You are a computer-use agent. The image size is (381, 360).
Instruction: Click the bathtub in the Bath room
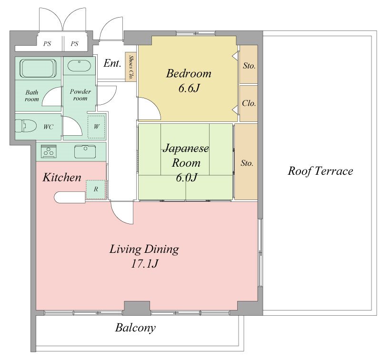(38, 68)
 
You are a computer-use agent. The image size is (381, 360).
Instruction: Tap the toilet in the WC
(26, 126)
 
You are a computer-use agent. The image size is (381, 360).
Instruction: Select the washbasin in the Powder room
(79, 66)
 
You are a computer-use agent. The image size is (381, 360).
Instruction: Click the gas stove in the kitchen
(49, 151)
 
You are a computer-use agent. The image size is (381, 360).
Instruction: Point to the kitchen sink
(85, 152)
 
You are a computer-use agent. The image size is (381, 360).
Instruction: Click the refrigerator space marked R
(96, 190)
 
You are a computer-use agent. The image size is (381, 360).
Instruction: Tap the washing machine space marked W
(96, 127)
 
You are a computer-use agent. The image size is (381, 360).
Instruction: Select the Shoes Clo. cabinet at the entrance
(130, 67)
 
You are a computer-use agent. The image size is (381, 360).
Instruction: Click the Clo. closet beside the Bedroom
(249, 103)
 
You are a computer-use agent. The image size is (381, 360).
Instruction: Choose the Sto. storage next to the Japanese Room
(246, 161)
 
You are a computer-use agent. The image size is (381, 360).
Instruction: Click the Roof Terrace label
(320, 171)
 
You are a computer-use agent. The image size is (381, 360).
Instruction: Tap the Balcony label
(135, 328)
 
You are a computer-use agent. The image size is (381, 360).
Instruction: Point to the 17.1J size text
(145, 263)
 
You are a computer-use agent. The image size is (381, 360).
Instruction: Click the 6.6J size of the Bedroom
(189, 88)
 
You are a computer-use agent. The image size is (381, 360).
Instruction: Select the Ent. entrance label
(112, 63)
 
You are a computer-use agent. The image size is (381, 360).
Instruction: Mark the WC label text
(48, 127)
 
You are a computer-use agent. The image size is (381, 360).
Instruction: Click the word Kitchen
(62, 177)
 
